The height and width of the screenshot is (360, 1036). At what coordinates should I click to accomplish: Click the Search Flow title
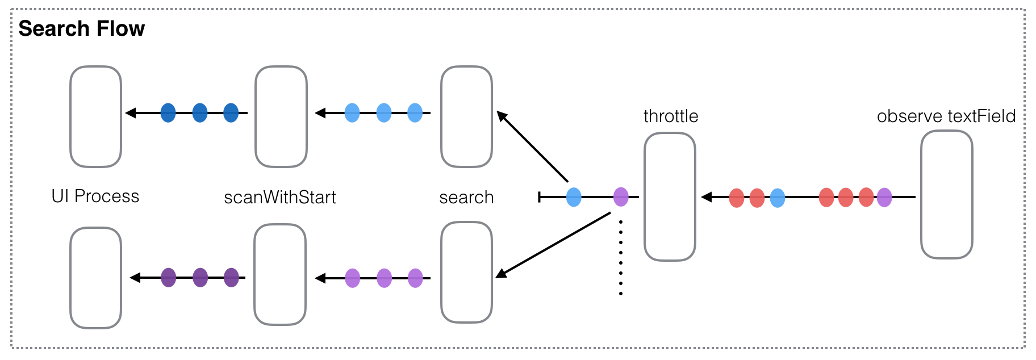81,29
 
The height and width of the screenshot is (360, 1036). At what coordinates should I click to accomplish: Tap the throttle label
670,116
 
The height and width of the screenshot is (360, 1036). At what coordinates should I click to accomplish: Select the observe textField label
946,116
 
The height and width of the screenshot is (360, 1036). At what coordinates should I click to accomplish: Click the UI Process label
95,196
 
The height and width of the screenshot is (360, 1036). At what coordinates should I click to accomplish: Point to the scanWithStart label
279,198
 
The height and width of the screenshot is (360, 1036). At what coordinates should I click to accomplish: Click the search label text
466,198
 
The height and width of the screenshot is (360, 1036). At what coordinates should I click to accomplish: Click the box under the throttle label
670,196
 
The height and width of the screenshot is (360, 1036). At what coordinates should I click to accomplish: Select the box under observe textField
946,195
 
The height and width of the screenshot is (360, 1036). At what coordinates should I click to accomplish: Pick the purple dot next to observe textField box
884,198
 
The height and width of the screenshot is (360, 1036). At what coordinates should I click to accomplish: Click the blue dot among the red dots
777,198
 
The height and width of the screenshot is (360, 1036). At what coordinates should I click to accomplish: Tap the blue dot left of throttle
574,197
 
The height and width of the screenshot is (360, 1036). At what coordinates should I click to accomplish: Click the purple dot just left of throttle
621,197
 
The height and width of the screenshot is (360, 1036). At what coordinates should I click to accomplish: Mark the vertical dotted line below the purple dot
621,258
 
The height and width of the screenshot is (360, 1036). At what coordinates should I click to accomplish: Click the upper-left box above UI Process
95,116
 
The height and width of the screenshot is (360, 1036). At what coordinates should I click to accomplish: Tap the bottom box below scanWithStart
280,274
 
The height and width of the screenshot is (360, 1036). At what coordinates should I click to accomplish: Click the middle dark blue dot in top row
200,113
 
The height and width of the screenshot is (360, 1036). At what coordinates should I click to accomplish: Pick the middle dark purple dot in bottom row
200,278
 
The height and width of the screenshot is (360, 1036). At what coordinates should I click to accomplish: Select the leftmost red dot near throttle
737,198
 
